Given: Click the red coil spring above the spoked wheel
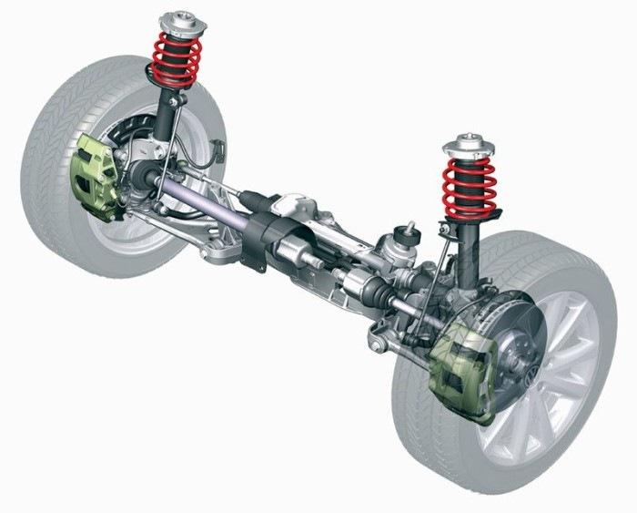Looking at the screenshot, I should pos(470,187).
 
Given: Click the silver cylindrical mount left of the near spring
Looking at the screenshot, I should pos(399,245).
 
